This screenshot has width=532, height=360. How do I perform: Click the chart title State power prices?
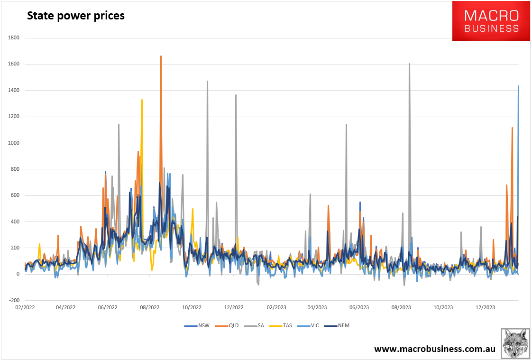76,16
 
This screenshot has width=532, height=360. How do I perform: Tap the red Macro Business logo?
491,21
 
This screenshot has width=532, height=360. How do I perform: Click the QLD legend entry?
230,325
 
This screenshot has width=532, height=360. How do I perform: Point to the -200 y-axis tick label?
12,300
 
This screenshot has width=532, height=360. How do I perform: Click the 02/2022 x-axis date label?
24,307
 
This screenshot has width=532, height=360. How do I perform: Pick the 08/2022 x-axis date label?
150,307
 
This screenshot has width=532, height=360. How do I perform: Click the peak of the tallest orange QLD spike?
161,56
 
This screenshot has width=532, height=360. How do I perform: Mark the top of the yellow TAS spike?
142,100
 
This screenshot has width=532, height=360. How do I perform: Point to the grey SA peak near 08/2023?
409,64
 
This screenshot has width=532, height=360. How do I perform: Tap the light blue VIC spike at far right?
518,86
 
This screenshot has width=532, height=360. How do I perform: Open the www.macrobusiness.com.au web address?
435,349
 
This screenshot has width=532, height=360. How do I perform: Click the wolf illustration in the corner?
515,342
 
